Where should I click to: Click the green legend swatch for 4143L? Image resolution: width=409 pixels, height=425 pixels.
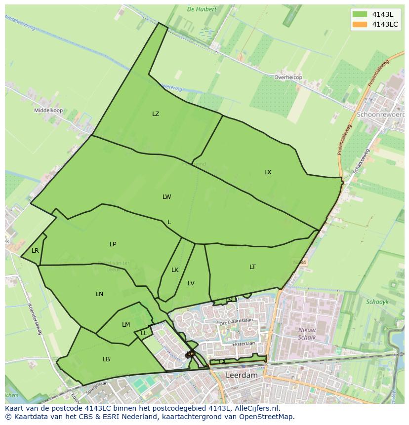coord(360,14)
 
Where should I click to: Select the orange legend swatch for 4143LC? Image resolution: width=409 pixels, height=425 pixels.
coord(360,25)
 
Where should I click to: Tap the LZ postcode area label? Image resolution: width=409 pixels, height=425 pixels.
coord(156,114)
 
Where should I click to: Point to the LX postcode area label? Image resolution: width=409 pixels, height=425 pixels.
coord(268,172)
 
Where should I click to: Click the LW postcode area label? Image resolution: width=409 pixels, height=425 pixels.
coord(167,197)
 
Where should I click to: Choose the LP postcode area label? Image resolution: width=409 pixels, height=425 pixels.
coord(113,244)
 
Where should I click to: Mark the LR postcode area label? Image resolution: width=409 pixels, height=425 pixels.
coord(35,251)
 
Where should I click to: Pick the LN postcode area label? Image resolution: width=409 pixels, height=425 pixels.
coord(100,294)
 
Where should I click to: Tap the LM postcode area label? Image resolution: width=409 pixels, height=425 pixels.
coord(126,325)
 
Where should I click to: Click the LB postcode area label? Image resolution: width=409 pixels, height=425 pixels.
coord(106,359)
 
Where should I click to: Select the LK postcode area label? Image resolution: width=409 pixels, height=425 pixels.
coord(175,270)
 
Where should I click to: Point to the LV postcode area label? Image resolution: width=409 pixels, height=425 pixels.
coord(191,283)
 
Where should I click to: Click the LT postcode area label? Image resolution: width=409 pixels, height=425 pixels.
coord(252,267)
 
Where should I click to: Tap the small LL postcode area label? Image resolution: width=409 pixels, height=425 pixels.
coord(144,333)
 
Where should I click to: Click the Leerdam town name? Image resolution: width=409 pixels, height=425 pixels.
coord(242,375)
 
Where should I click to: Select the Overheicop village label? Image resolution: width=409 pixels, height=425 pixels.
coord(288,77)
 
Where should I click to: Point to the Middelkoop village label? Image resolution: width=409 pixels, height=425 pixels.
coord(48,111)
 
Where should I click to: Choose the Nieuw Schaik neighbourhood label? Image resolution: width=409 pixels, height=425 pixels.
coord(307,333)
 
